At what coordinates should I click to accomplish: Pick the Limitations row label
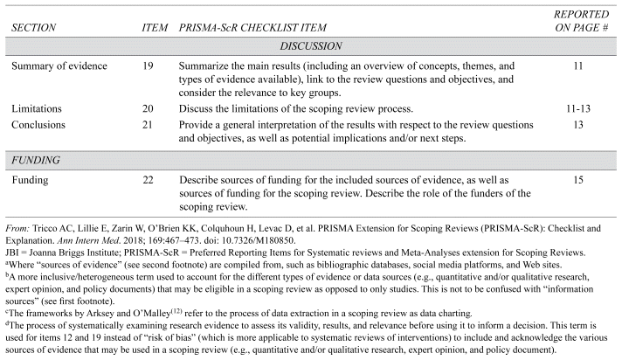coord(37,108)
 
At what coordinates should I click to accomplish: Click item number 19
coord(154,66)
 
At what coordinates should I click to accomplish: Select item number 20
coord(154,108)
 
